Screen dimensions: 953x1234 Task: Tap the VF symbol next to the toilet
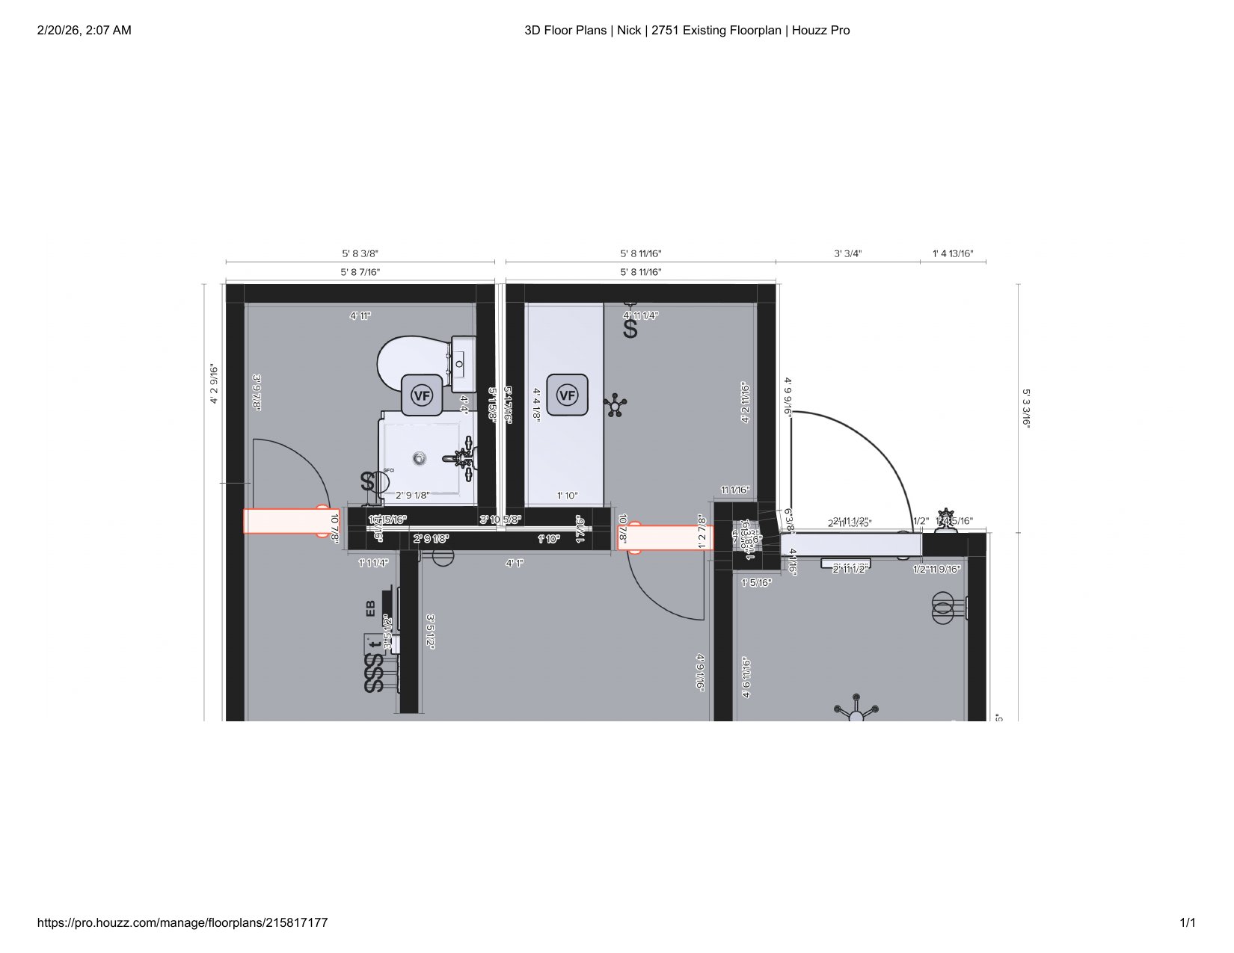(422, 395)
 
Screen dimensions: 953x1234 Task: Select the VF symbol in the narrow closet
(567, 395)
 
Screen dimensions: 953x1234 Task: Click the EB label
(371, 608)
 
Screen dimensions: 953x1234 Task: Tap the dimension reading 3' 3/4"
(847, 254)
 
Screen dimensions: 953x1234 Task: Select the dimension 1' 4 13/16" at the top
(952, 254)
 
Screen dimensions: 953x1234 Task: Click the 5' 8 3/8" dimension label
(360, 254)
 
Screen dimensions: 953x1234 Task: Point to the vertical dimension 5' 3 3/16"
(1027, 407)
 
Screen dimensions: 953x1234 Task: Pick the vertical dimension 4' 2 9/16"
(214, 384)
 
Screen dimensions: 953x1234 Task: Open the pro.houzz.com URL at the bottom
(182, 923)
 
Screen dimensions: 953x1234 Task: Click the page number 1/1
(1187, 923)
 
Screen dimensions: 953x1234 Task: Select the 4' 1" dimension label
(514, 563)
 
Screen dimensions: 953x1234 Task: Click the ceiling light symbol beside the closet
(615, 406)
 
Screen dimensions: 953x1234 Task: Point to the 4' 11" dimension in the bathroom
(360, 316)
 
